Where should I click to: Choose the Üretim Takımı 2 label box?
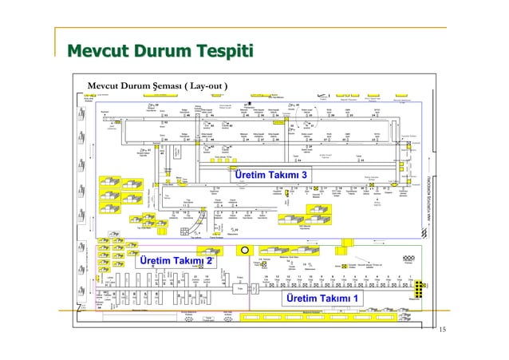[175, 262]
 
